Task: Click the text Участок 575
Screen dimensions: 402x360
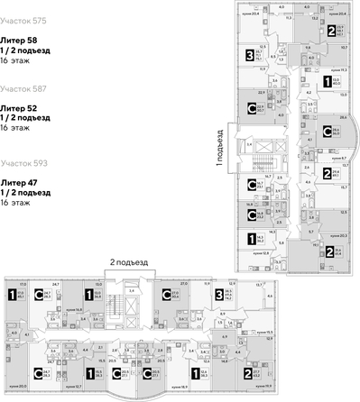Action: [28, 20]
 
